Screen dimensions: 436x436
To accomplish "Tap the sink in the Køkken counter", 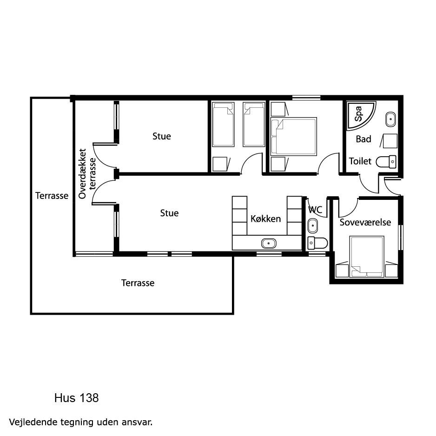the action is tap(269, 244).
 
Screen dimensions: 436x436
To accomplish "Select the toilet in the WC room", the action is tap(317, 243).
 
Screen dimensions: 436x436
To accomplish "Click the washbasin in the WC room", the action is tap(312, 226).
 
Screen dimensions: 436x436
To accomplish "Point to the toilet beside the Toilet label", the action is tap(386, 162).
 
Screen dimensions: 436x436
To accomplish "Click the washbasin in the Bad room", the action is tap(390, 119).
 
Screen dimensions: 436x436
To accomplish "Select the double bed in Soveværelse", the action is tap(367, 257).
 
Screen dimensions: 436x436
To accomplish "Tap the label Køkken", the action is tap(265, 219).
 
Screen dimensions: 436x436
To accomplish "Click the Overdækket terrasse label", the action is tap(87, 174).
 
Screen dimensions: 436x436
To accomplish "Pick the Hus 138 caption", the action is tap(77, 398).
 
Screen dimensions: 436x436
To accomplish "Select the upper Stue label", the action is tap(162, 136).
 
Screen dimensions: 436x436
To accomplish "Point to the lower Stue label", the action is tap(169, 213).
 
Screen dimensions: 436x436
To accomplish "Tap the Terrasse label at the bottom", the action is tap(138, 283).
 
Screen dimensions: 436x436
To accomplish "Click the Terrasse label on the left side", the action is tap(52, 196).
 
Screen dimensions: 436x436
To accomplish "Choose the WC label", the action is tap(315, 209).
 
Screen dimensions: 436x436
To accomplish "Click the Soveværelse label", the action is tap(365, 222).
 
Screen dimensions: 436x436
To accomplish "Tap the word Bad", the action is tap(363, 139).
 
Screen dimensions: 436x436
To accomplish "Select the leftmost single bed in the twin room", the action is tap(223, 124).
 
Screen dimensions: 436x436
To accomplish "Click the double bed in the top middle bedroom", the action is tap(294, 136).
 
